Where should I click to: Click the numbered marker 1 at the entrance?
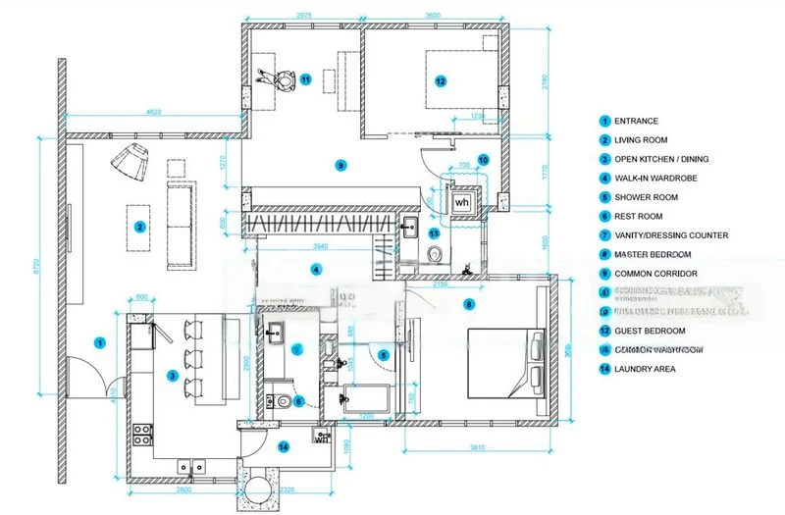(99, 342)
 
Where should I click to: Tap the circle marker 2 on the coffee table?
(140, 227)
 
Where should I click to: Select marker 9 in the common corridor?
(340, 165)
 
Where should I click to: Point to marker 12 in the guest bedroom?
(441, 80)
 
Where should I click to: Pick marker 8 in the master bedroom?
(469, 304)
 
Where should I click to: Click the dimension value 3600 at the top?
(432, 15)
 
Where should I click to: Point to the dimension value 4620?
(154, 112)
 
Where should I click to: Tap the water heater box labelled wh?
(462, 201)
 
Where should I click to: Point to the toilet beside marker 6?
(282, 400)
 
